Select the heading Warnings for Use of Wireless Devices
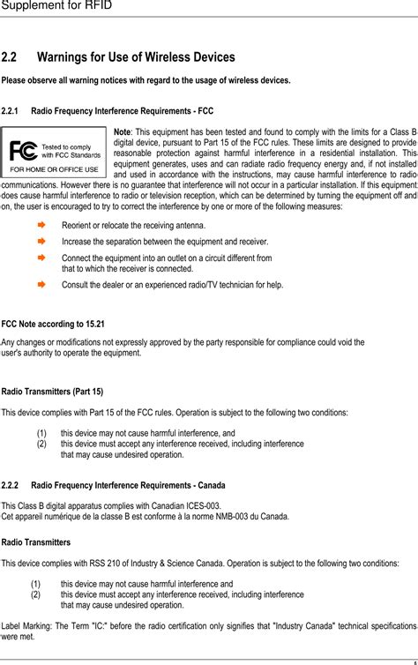pyautogui.click(x=136, y=57)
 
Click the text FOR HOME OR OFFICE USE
pyautogui.click(x=54, y=168)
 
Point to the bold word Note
pyautogui.click(x=123, y=132)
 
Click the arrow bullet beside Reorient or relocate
pyautogui.click(x=40, y=225)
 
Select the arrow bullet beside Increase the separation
pyautogui.click(x=40, y=240)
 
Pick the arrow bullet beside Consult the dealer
pyautogui.click(x=40, y=285)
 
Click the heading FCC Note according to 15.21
pyautogui.click(x=53, y=324)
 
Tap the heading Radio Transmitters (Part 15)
pyautogui.click(x=52, y=391)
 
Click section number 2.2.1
pyautogui.click(x=11, y=112)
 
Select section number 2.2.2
pyautogui.click(x=11, y=485)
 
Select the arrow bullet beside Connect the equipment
pyautogui.click(x=40, y=258)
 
